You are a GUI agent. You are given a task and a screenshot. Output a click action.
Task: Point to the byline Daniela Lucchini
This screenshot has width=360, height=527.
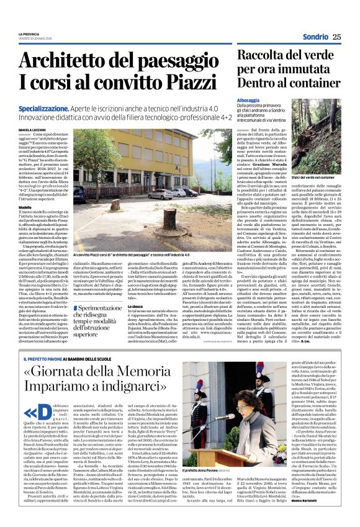(x=35, y=129)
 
